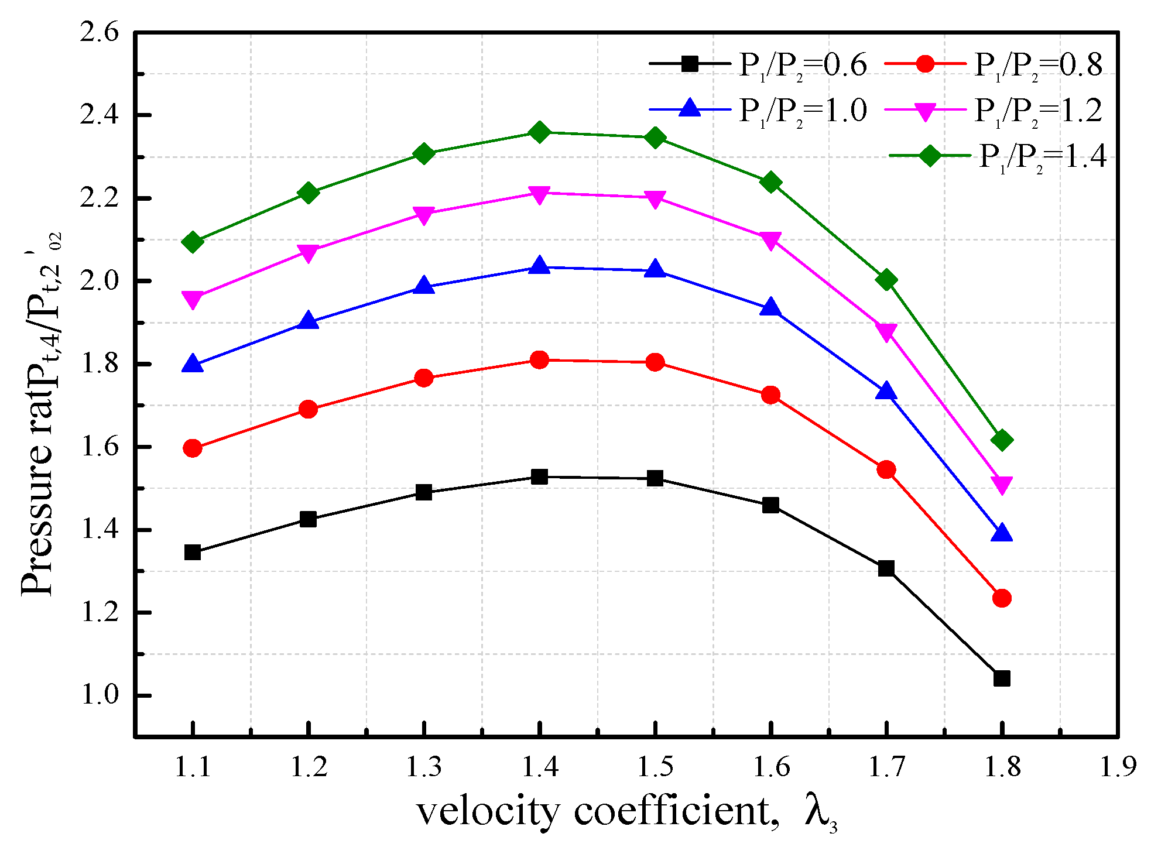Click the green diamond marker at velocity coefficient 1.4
tap(539, 132)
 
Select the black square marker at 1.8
tap(1002, 679)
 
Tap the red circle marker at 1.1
tap(193, 448)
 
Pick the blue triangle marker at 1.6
tap(770, 308)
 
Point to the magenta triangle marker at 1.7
tap(886, 332)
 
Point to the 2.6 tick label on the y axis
tap(100, 32)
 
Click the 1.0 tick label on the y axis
tap(100, 695)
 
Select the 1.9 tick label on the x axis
tap(1118, 767)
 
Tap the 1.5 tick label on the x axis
tap(655, 767)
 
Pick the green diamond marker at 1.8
tap(1002, 440)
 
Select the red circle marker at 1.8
tap(1002, 598)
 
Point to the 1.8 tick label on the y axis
tap(100, 364)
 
